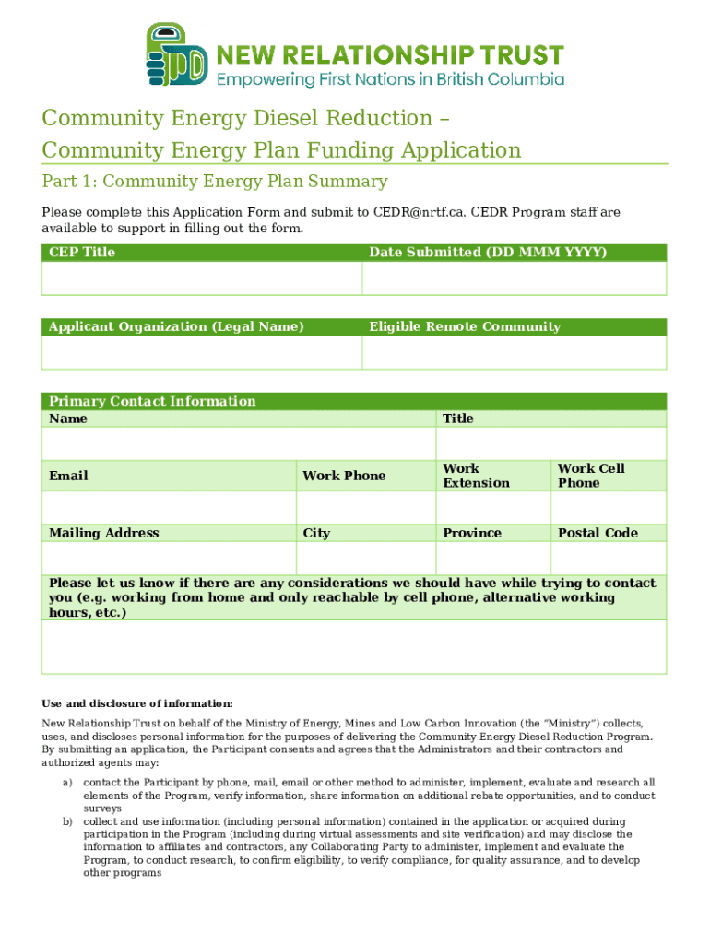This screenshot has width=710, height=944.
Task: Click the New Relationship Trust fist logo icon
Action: (x=176, y=55)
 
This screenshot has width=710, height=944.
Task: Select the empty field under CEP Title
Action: (x=201, y=277)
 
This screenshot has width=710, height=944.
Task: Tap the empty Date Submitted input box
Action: (x=514, y=277)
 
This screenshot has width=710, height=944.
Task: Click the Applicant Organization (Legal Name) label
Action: (x=176, y=326)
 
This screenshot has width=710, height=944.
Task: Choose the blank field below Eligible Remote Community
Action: (x=514, y=352)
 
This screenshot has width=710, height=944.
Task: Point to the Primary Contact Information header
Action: (x=152, y=401)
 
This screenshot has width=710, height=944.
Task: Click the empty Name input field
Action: (x=238, y=443)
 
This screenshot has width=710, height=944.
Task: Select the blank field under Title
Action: (x=550, y=443)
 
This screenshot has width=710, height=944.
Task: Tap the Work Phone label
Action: (x=344, y=476)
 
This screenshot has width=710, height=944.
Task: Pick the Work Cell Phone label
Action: (x=591, y=476)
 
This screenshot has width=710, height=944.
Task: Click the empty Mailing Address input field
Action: (x=169, y=558)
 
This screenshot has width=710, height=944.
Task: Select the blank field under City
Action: (x=365, y=558)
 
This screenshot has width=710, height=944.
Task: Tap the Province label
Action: (x=472, y=533)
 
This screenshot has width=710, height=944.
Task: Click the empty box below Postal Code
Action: (x=608, y=558)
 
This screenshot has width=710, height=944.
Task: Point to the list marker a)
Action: (x=67, y=782)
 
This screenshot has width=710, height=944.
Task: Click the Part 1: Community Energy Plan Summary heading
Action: (x=215, y=182)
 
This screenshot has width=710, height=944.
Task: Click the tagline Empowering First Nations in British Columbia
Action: (x=390, y=79)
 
